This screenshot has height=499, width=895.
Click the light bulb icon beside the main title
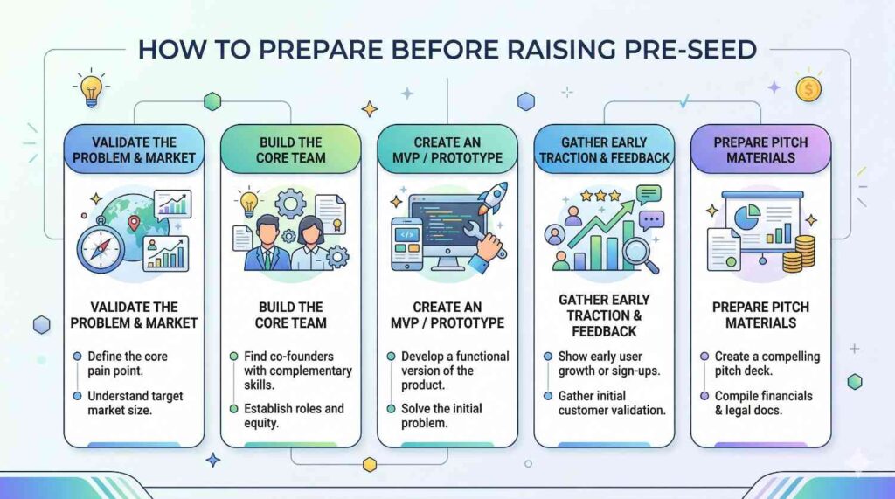coord(91,88)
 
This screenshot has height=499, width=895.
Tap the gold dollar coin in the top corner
coord(808,89)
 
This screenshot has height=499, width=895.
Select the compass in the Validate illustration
coord(101,245)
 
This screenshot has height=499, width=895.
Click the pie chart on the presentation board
coord(746,217)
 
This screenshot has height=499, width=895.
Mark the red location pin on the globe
coord(134,223)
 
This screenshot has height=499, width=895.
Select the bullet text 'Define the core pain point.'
coord(128,364)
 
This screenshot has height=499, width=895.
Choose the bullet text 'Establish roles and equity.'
coord(294,416)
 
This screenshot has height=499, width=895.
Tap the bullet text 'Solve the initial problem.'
coord(441,416)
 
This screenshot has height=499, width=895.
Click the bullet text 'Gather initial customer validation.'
coord(612,403)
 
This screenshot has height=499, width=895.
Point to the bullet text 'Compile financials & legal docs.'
coord(763,403)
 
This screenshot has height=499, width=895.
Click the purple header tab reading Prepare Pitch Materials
coord(760,149)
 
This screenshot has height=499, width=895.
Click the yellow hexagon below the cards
coord(370,464)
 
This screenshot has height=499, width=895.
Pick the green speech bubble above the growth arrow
coord(649,195)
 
